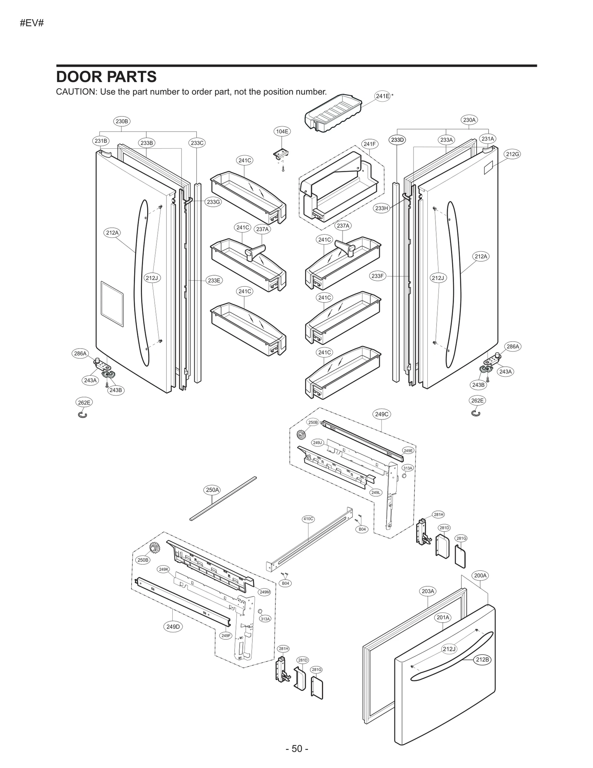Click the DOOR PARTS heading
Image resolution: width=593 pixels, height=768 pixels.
click(x=106, y=77)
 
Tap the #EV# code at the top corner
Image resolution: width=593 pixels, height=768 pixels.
click(x=32, y=23)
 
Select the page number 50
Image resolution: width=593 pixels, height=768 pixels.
click(x=297, y=749)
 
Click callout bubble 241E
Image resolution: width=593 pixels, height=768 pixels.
click(x=382, y=96)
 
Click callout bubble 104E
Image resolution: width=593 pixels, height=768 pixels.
click(x=282, y=131)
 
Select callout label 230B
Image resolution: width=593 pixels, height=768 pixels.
click(x=122, y=121)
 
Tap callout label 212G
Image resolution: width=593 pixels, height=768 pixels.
click(x=513, y=154)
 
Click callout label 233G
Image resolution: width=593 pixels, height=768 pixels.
click(x=213, y=202)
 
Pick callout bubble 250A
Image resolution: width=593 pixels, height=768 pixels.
click(x=212, y=490)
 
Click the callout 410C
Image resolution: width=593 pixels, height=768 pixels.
click(x=308, y=519)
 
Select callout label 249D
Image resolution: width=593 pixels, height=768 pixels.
click(x=173, y=627)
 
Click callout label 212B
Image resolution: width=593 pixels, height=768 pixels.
click(x=482, y=660)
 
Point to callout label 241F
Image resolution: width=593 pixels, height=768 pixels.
click(x=370, y=144)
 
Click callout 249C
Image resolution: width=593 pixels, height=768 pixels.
click(x=381, y=414)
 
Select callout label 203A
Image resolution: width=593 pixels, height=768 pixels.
click(x=428, y=591)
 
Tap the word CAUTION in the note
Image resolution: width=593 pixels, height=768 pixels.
click(x=76, y=92)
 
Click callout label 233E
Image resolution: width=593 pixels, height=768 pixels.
click(x=214, y=280)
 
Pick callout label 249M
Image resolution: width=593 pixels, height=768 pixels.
click(x=265, y=592)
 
